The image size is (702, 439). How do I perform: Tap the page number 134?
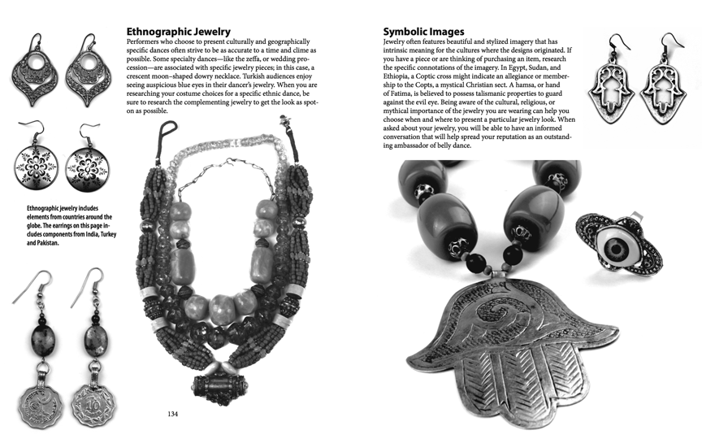tap(172, 414)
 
